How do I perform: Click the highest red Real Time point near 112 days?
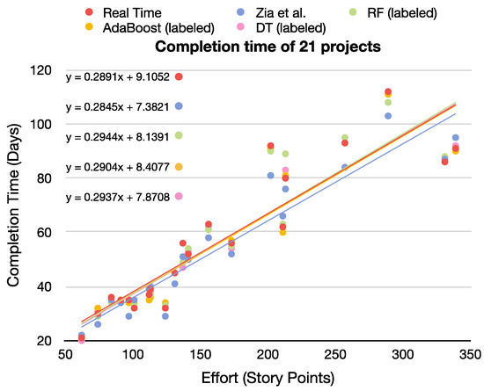click(x=388, y=91)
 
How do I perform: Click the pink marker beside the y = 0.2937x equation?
click(x=179, y=197)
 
